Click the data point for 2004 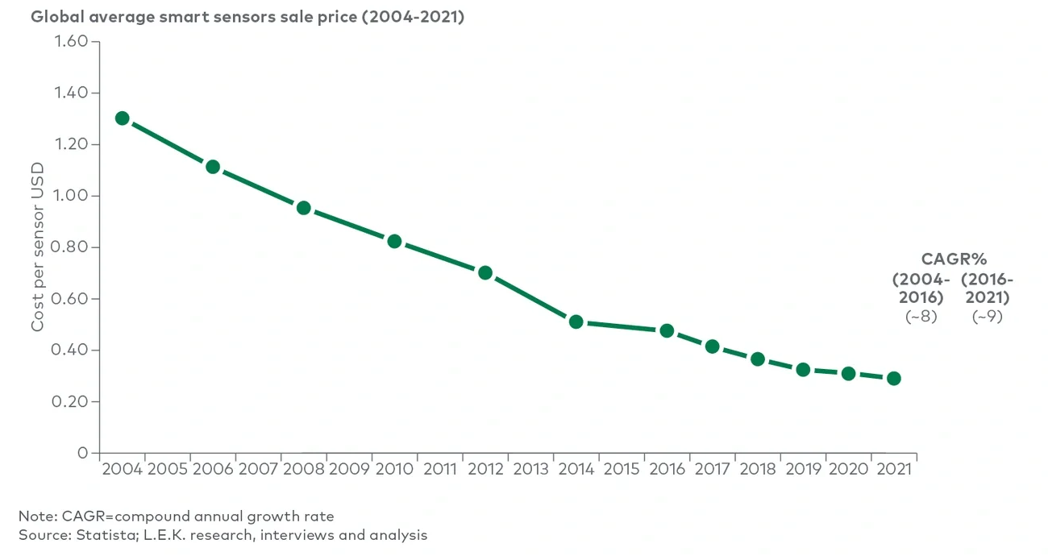(123, 118)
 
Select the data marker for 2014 (576, 321)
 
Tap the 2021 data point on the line (893, 379)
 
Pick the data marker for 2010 (394, 241)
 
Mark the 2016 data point (667, 331)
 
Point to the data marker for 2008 (304, 208)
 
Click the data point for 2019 (803, 370)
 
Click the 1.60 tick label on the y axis (72, 41)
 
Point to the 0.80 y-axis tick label (72, 247)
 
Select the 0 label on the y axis (82, 453)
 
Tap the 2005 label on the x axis (168, 469)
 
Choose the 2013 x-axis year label (530, 469)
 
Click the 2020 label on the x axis (848, 469)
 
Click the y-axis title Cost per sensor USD (38, 247)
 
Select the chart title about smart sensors (247, 17)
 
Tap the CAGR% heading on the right (954, 259)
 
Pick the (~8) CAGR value (921, 317)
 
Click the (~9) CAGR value (987, 317)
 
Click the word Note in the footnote (34, 516)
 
